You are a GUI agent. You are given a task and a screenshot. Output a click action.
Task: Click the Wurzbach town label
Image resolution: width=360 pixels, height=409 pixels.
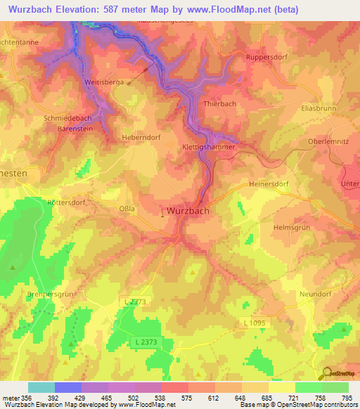pos(188,210)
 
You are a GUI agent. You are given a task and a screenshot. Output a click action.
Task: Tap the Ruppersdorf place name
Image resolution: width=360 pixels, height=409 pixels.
pos(266,57)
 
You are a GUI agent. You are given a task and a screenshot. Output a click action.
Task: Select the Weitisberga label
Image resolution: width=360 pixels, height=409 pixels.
pos(104,82)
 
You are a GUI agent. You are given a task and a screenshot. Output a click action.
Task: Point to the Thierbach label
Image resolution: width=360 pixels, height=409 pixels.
pos(219,103)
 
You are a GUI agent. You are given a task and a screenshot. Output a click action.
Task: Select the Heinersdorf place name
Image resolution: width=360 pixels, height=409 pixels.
pos(269,183)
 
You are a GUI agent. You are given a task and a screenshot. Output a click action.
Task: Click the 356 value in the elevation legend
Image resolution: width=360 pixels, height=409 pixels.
pos(27,398)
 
